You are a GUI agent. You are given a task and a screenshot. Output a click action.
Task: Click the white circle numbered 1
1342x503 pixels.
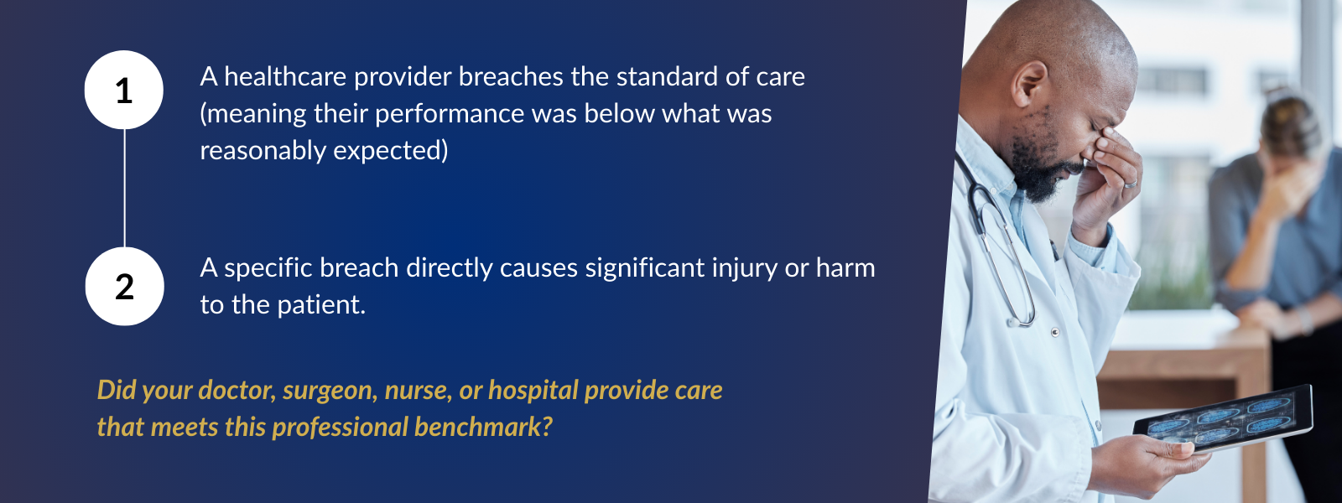[x=124, y=90]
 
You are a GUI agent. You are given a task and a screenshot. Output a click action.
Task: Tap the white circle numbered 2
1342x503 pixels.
[x=125, y=286]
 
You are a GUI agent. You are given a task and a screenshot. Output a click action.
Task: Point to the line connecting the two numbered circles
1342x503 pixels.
[x=125, y=188]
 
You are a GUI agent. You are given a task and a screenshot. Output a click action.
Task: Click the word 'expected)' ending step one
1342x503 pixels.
[x=391, y=151]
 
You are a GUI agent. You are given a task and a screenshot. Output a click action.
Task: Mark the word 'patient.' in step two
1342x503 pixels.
[x=322, y=305]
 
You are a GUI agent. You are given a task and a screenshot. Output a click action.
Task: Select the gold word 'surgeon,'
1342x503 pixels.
[x=330, y=391]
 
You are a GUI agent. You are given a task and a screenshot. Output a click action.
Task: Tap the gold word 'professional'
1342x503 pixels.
[x=339, y=428]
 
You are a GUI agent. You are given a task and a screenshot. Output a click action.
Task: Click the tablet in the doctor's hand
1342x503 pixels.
[x=1222, y=418]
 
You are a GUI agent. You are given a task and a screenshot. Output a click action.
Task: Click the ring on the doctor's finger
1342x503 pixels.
[x=1130, y=184]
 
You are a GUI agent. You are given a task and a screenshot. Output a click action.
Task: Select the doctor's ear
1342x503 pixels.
[x=1030, y=85]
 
